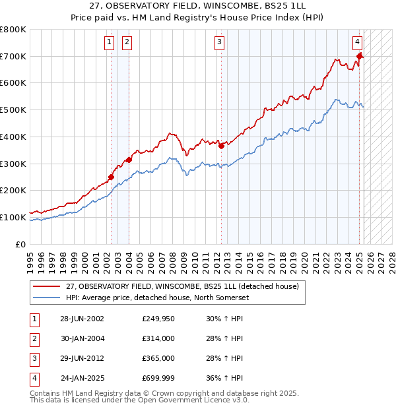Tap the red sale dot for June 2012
222,146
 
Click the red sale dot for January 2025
360,56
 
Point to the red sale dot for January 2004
129,160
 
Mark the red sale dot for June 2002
112,177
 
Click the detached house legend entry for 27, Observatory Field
182,286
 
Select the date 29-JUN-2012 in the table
82,358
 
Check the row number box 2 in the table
34,338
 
